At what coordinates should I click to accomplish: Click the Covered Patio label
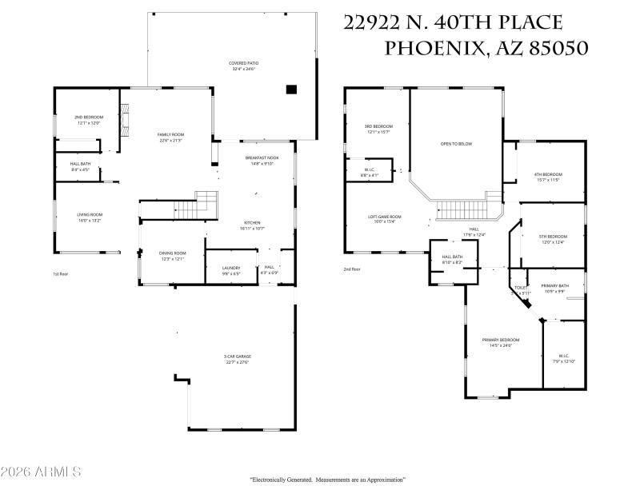tap(243, 66)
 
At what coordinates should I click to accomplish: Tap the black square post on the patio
tap(291, 89)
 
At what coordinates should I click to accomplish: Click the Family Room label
tap(170, 137)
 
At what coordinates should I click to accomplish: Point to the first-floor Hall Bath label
tap(80, 167)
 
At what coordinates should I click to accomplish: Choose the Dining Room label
tap(173, 256)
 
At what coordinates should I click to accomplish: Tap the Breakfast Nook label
tap(261, 161)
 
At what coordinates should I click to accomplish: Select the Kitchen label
tap(252, 225)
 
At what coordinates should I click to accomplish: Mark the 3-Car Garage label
tap(236, 360)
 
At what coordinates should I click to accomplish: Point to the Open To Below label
tap(456, 144)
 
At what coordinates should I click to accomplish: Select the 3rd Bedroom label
tap(378, 129)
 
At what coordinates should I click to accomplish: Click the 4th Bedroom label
tap(547, 177)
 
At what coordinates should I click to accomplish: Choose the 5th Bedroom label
tap(552, 239)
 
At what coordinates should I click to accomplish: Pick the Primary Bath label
tap(554, 289)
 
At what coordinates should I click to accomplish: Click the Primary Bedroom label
tap(501, 343)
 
